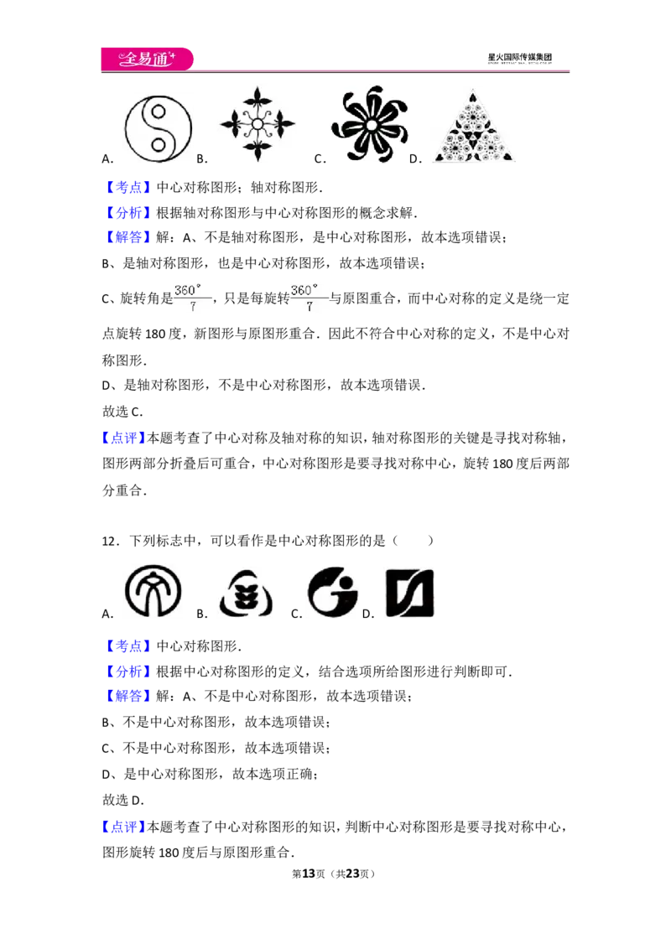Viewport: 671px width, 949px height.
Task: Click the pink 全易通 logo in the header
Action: [x=147, y=60]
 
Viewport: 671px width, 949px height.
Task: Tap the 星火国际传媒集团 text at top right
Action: [x=520, y=58]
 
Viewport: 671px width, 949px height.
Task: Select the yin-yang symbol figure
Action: [x=158, y=129]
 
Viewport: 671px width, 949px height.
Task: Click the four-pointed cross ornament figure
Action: [x=257, y=125]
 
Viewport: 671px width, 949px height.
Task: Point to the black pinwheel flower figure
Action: [x=369, y=125]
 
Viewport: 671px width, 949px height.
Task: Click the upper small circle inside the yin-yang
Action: [x=159, y=112]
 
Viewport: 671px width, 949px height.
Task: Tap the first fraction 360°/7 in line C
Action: [x=189, y=298]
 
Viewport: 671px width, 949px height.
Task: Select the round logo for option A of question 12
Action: [x=153, y=591]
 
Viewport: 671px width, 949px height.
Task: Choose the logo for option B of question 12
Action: [x=246, y=594]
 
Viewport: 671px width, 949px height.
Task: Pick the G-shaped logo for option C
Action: [x=332, y=592]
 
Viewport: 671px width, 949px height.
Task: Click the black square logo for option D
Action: [x=410, y=594]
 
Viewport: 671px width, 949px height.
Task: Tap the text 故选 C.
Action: [x=122, y=412]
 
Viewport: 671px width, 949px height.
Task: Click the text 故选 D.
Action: [x=123, y=800]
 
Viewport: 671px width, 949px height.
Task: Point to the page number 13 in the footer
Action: [x=309, y=874]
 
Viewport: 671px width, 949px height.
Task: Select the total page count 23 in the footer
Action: [x=352, y=874]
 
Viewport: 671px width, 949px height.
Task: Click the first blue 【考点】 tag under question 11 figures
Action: [x=127, y=188]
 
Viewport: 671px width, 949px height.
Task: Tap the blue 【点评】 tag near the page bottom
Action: [x=123, y=827]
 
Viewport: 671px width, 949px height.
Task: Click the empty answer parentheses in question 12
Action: [x=413, y=541]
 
